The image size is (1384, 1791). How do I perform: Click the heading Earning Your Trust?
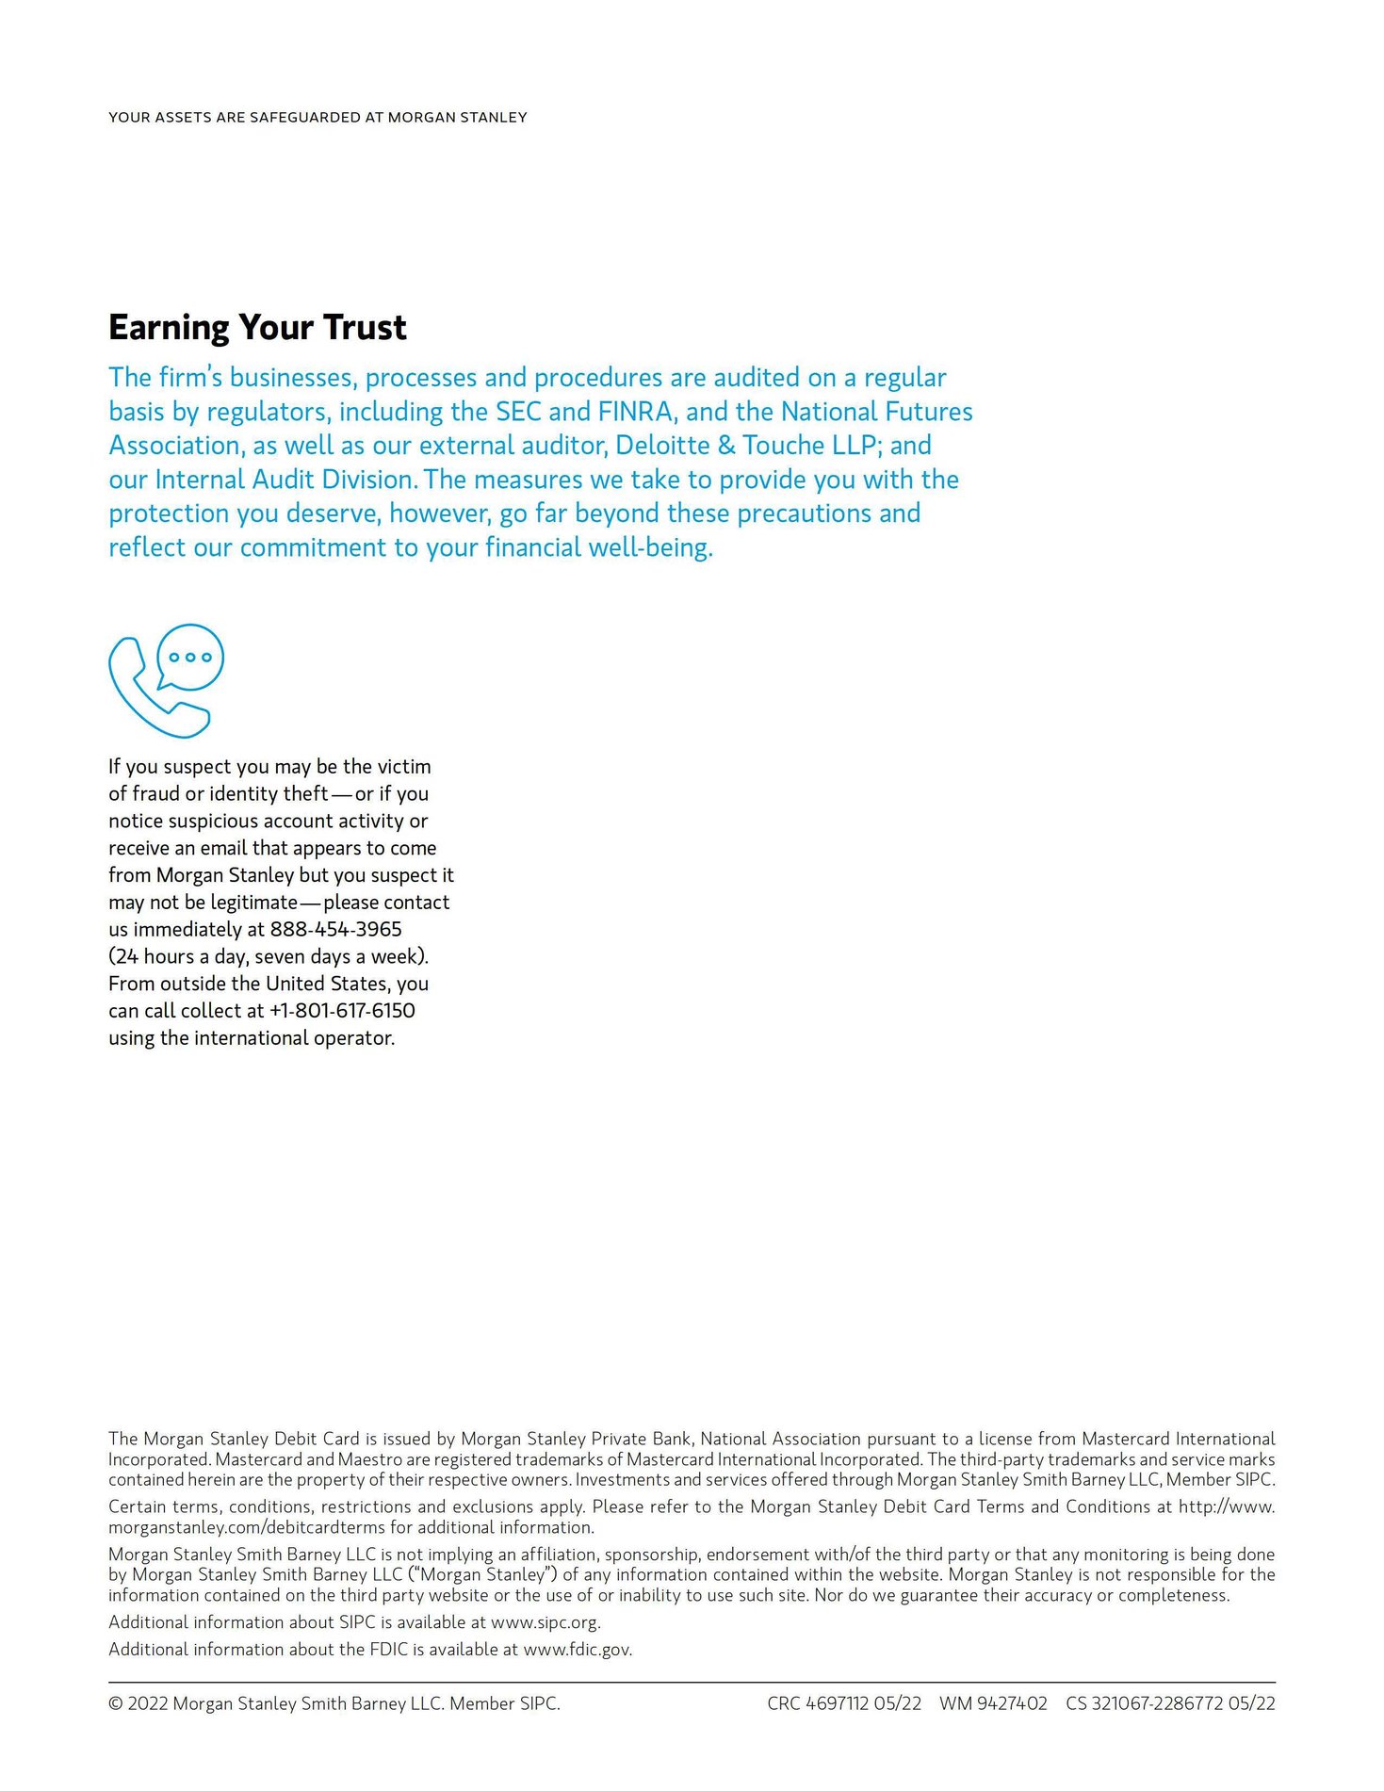(257, 328)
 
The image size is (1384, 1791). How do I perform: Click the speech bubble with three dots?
(190, 656)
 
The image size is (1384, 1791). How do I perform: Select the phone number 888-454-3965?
(335, 929)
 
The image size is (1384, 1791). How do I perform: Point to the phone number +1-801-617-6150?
(342, 1011)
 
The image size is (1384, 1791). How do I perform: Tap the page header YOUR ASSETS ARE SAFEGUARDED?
(318, 118)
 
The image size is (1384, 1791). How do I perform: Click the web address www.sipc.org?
(545, 1622)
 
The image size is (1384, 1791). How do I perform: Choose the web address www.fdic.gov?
(578, 1650)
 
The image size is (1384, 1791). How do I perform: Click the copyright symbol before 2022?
(116, 1703)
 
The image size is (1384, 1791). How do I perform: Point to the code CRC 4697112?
(818, 1703)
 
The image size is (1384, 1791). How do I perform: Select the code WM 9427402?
(993, 1703)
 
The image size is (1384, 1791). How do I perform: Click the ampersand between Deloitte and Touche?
(726, 446)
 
